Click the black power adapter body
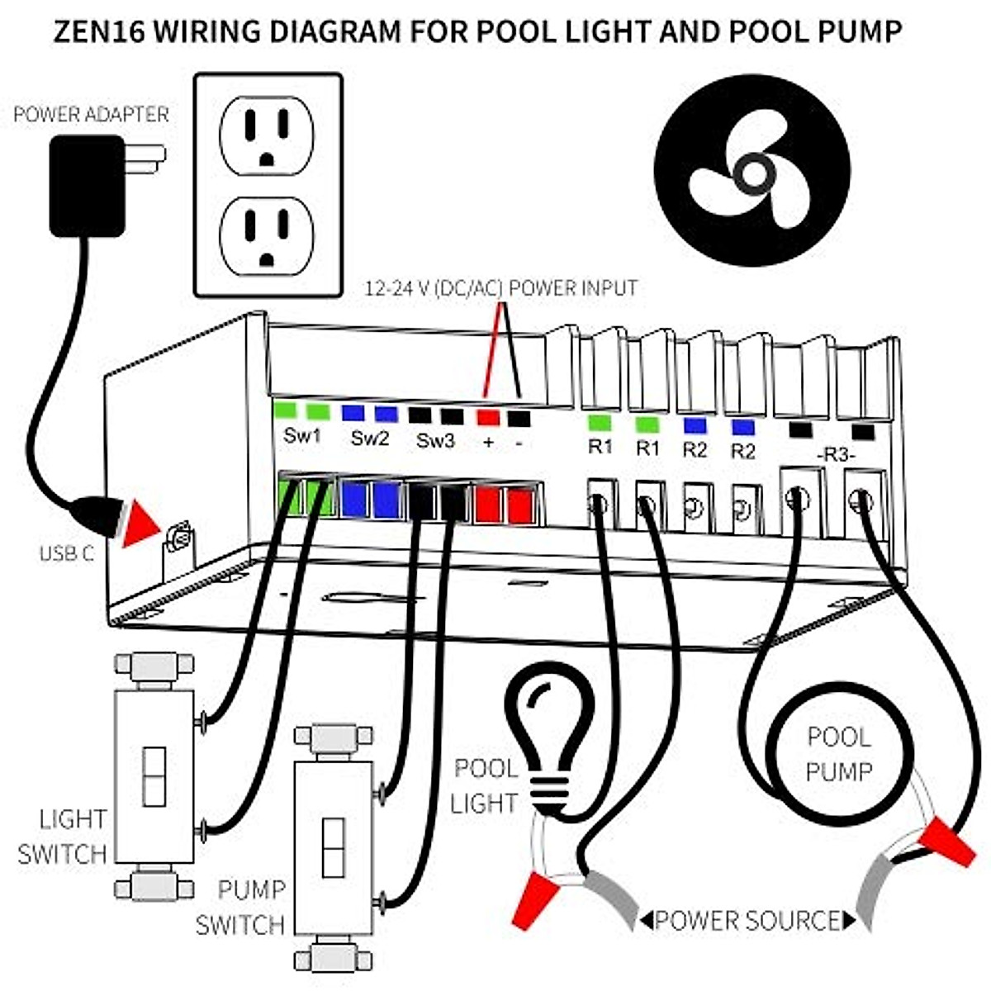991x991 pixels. point(87,187)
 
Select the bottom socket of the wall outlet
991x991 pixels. point(266,235)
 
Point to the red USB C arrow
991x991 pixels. point(142,523)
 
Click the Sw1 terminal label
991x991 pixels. point(301,437)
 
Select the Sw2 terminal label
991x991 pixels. point(369,439)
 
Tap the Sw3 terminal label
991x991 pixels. point(435,440)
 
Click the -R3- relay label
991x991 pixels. point(836,455)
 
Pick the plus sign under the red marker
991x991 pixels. point(488,443)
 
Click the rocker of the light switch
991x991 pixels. point(154,776)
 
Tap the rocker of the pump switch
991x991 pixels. point(334,847)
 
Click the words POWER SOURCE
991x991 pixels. point(747,920)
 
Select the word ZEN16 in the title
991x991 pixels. point(99,31)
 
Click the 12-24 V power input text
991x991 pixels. point(501,288)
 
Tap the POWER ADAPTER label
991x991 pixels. point(91,114)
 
